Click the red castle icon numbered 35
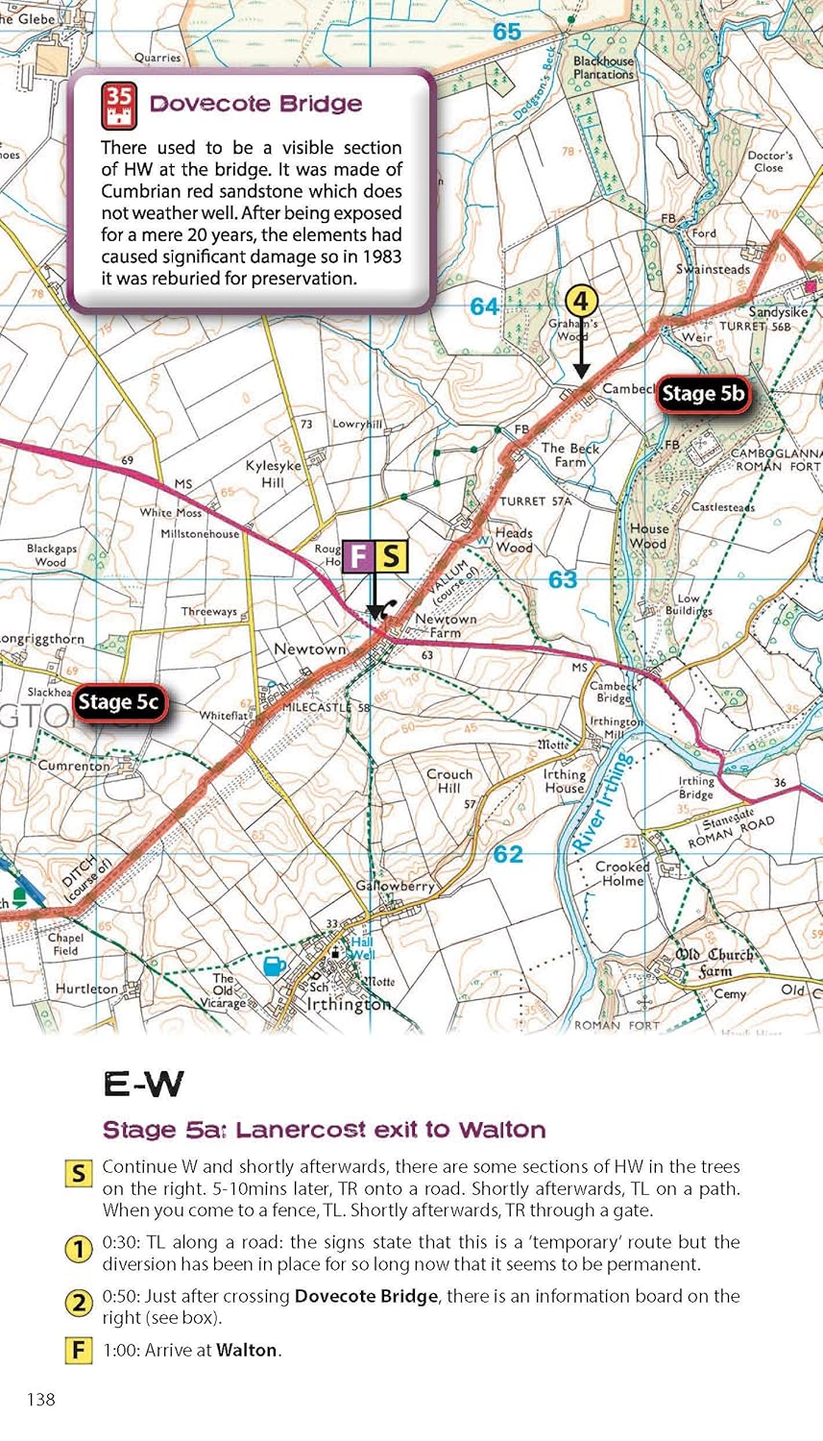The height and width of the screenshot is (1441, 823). point(119,106)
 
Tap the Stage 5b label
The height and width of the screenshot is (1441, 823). point(703,394)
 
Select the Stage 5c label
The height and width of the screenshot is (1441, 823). point(118,702)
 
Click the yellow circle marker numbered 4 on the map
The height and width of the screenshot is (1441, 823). point(580,302)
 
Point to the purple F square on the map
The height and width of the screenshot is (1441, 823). point(359,556)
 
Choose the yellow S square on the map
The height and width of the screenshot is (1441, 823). point(391,556)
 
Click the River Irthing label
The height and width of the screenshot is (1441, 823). point(603,803)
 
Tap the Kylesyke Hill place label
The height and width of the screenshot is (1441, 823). point(273,474)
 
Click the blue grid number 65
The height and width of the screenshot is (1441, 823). point(506,32)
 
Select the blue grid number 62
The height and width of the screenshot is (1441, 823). point(508,853)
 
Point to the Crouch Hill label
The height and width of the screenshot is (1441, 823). point(449,780)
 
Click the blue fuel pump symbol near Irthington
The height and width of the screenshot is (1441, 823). point(274,965)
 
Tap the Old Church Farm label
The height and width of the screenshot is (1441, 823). point(714,962)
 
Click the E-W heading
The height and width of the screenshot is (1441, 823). point(143,1085)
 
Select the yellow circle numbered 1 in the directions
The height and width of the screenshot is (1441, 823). point(78,1249)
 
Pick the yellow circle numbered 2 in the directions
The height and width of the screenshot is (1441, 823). point(78,1303)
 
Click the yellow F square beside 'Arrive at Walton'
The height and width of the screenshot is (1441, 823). point(78,1350)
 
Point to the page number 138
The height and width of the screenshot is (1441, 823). point(40,1399)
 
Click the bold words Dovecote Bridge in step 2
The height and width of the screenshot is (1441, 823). point(366,1296)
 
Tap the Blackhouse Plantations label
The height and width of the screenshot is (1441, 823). point(603,67)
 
